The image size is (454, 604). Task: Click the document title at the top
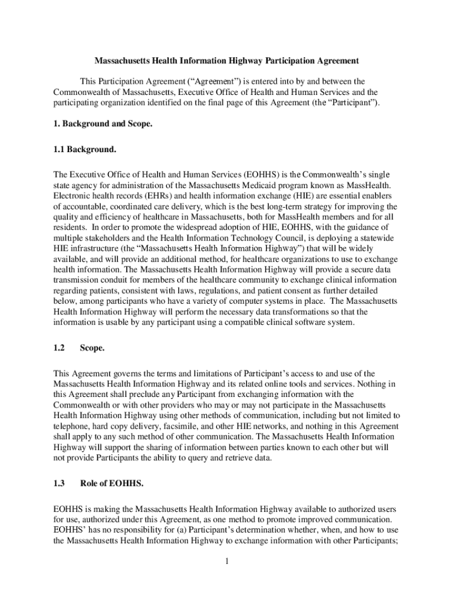227,61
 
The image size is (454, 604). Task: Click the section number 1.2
59,348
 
